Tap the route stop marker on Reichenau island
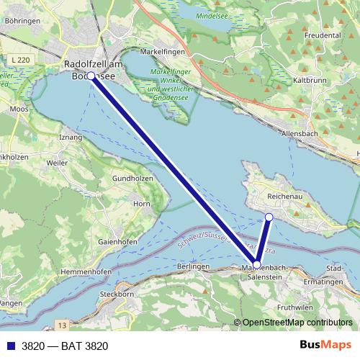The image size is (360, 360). pyautogui.click(x=269, y=217)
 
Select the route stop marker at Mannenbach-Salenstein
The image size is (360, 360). pyautogui.click(x=257, y=265)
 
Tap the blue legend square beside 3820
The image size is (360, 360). pyautogui.click(x=10, y=346)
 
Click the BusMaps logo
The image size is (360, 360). pyautogui.click(x=325, y=346)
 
